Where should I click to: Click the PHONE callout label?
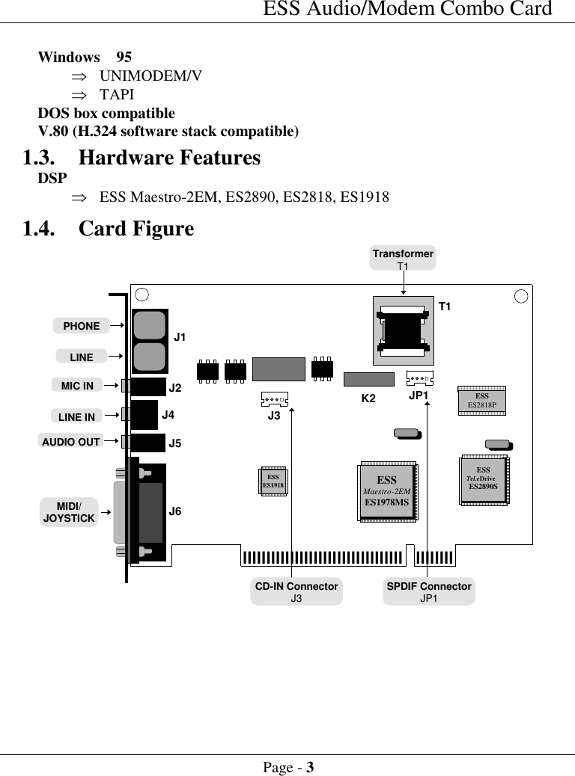(81, 325)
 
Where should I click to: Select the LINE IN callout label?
(76, 416)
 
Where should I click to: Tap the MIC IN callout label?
(77, 386)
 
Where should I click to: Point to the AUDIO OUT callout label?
(70, 441)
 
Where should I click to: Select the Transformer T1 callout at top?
(403, 259)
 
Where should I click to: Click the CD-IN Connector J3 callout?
(296, 591)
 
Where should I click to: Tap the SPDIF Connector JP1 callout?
(429, 591)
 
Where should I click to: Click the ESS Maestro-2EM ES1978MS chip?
(387, 491)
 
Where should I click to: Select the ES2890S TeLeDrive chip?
(482, 478)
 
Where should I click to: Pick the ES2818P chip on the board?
(482, 401)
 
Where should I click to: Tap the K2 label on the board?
(368, 398)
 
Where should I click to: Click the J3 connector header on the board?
(275, 398)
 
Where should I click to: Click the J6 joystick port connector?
(148, 512)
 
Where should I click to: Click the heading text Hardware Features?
(169, 158)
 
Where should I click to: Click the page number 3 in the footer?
(309, 767)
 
